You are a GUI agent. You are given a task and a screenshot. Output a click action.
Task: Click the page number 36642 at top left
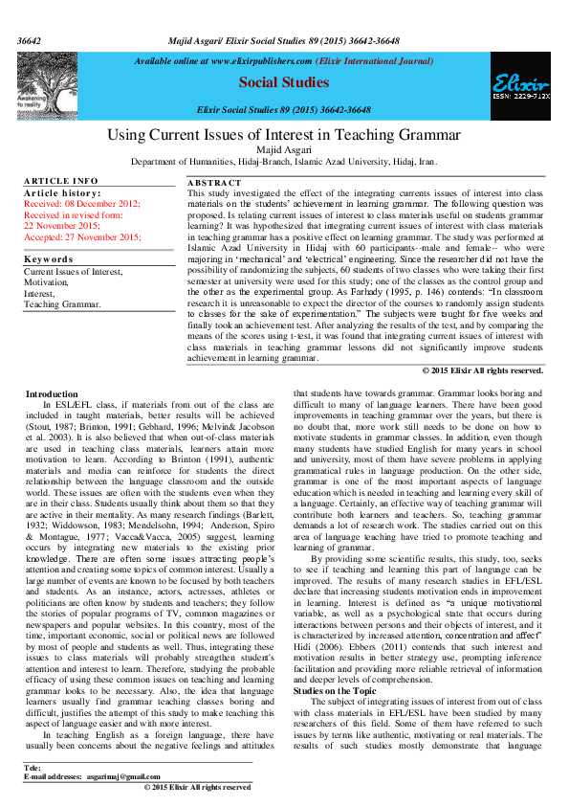[x=30, y=15]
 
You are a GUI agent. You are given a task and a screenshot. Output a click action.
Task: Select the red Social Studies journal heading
[x=283, y=83]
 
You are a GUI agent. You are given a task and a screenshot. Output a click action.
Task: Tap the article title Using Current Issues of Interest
[x=283, y=135]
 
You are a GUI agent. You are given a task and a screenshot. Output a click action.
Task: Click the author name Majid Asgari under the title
[x=283, y=150]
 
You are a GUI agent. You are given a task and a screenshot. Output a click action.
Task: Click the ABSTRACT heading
[x=215, y=181]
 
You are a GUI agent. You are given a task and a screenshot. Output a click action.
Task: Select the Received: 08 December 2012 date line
[x=82, y=203]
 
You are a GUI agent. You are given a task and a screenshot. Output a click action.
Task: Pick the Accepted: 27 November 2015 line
[x=82, y=235]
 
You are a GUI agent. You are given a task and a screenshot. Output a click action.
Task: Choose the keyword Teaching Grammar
[x=62, y=304]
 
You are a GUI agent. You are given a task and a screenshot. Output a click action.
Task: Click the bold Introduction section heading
[x=53, y=393]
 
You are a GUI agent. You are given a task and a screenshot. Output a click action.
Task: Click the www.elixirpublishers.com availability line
[x=284, y=60]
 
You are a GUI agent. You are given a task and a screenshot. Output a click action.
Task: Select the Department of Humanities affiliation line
[x=283, y=163]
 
